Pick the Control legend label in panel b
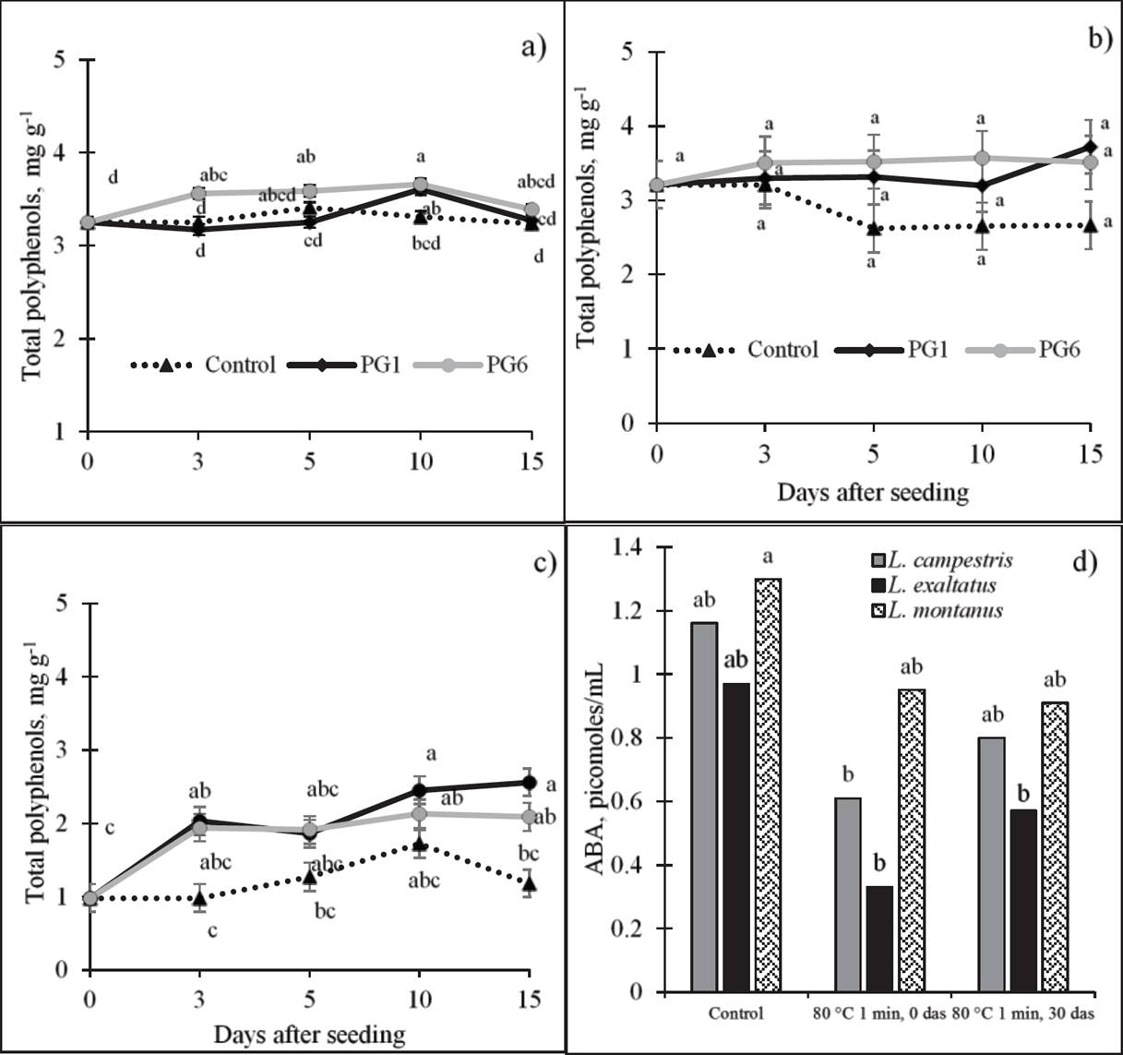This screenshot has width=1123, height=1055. point(783,350)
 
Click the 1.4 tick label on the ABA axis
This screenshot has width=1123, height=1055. point(629,548)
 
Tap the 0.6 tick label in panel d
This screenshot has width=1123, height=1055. point(629,802)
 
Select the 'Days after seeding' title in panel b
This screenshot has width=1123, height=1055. point(872,492)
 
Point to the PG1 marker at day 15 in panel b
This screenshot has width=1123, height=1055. point(1090,147)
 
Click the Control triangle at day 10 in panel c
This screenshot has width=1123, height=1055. point(420,843)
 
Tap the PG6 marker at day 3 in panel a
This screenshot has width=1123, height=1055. point(197,193)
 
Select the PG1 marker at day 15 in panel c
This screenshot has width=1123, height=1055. point(529,783)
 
